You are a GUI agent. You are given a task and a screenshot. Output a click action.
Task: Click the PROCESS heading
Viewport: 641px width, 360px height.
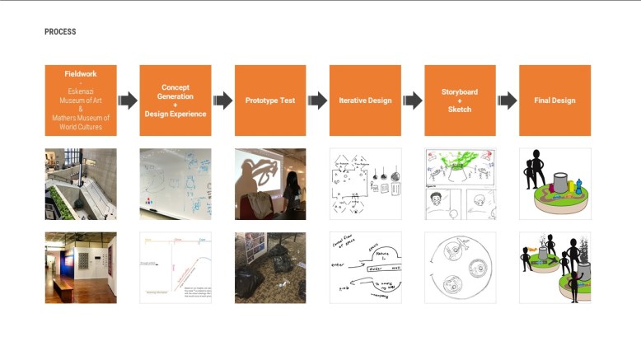tap(60, 32)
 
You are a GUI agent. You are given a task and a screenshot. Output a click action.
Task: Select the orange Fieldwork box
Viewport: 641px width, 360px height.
tap(81, 101)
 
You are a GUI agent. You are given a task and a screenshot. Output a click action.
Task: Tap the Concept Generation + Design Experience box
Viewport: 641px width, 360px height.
tap(175, 101)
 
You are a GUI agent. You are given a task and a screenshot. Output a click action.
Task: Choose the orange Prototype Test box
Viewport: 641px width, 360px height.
tap(270, 101)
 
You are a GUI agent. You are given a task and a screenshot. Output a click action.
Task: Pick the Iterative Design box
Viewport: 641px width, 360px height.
tap(365, 101)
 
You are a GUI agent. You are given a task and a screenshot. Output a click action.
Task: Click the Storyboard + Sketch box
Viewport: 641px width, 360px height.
tap(460, 101)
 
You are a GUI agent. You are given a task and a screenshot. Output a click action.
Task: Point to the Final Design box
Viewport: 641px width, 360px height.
tap(554, 101)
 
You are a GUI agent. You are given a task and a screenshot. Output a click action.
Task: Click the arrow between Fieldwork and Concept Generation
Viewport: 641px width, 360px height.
tap(128, 101)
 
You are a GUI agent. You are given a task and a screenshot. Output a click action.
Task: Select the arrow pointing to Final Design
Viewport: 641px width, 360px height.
tap(507, 101)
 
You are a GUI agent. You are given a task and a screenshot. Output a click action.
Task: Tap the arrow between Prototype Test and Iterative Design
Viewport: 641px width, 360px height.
tap(317, 101)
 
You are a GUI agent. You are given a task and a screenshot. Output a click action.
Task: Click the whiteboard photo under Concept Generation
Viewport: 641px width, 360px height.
tap(175, 184)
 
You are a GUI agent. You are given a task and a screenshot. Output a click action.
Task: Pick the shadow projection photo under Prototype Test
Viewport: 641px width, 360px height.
tap(270, 184)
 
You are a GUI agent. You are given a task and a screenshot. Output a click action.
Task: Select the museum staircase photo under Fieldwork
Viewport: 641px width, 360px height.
tap(81, 184)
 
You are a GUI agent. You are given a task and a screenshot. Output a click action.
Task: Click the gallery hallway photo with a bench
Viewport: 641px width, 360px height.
tap(81, 268)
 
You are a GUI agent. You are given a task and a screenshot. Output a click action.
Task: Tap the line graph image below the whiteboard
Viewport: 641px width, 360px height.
tap(175, 268)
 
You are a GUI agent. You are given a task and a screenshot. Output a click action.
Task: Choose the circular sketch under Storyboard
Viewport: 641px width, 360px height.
tap(460, 268)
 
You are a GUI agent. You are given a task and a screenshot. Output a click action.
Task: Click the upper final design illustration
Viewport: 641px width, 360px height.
tap(554, 184)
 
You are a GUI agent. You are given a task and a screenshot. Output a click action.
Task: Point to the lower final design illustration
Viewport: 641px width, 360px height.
tap(554, 268)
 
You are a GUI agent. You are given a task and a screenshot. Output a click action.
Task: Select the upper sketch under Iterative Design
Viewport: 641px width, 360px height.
tap(365, 184)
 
